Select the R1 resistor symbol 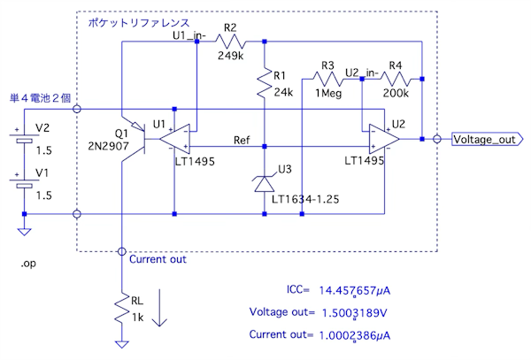pos(265,86)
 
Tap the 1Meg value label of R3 pos(327,94)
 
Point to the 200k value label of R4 pos(396,94)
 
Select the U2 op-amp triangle pos(382,139)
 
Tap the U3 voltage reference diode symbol pos(265,184)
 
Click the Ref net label pos(241,140)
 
